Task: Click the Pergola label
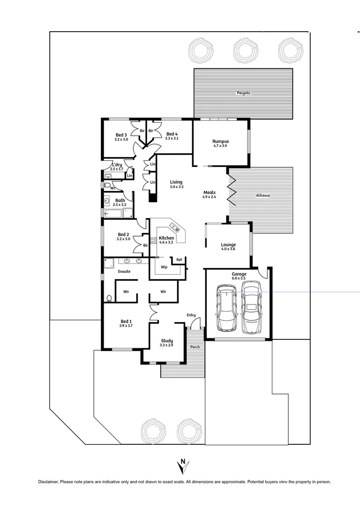243,93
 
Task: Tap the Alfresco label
263,195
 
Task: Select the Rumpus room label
221,141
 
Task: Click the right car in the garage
251,307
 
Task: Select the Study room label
166,341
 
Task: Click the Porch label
195,347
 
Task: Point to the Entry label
191,315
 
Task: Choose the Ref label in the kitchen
179,260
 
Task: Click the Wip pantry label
164,267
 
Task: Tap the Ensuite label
124,271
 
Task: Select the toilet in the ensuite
109,298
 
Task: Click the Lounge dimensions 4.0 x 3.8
228,250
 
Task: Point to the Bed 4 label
172,134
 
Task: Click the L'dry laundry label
117,164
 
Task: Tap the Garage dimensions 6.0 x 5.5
238,278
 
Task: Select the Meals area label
210,192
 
